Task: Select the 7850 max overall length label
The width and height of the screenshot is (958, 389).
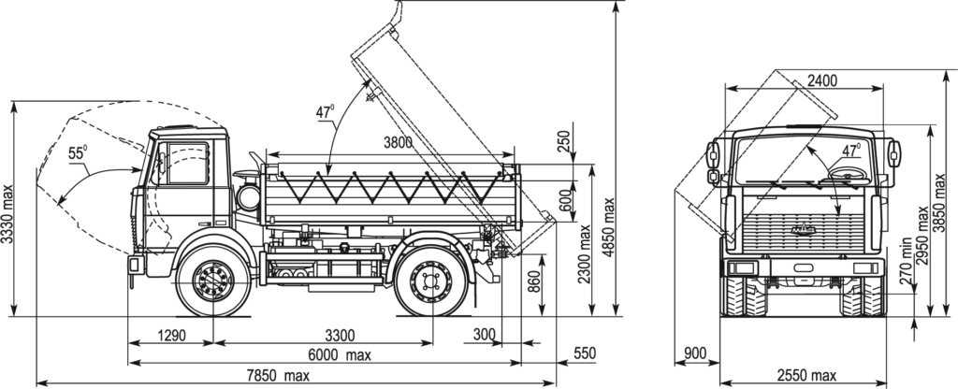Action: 278,377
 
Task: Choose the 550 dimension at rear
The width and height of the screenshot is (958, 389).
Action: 584,353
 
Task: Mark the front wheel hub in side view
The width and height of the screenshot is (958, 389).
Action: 213,280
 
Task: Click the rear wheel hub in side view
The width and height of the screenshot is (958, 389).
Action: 431,281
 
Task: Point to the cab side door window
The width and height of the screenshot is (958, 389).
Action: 186,163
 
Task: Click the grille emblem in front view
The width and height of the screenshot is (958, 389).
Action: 805,227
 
